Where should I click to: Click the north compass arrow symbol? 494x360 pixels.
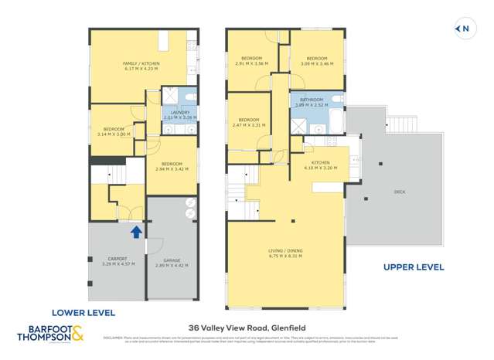coord(462,29)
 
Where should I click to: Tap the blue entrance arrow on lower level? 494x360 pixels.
coord(136,230)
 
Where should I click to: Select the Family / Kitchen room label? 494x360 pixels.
coord(140,63)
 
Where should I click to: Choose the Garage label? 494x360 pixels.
coord(172,260)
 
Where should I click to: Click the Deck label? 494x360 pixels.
coord(399,192)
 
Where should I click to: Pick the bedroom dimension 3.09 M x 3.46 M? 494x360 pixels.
coord(317,64)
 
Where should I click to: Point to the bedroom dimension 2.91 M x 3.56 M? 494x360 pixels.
coord(252,64)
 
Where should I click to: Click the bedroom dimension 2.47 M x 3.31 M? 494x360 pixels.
coord(248,125)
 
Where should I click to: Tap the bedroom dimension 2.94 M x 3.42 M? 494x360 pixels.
coord(172,168)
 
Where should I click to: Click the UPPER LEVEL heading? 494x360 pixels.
coord(414,267)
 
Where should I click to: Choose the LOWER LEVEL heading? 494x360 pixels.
coord(83,313)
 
